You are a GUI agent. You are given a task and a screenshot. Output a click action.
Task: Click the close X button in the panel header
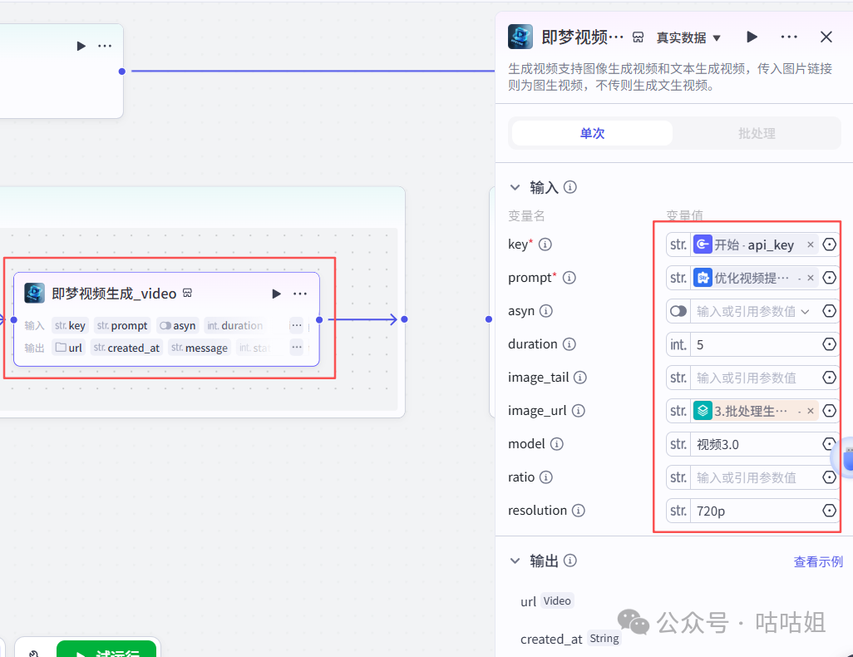coord(826,37)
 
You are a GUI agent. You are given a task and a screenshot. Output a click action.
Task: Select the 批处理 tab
coord(757,133)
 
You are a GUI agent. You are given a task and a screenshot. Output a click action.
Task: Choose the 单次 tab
coord(592,133)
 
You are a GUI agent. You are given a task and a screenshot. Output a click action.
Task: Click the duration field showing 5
coord(752,344)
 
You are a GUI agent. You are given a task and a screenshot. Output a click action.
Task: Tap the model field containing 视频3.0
coord(752,444)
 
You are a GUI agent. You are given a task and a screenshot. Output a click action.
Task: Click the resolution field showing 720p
coord(752,511)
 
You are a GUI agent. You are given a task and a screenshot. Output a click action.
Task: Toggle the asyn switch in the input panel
coord(678,311)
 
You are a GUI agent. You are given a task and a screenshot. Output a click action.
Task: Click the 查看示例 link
coord(818,562)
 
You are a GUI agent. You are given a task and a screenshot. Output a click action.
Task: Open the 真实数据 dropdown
coord(688,37)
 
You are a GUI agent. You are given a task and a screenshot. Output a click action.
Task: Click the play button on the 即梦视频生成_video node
coord(276,294)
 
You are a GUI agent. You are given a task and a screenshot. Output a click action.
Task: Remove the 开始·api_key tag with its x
coord(811,245)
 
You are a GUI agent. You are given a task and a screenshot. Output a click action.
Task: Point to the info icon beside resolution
coord(578,511)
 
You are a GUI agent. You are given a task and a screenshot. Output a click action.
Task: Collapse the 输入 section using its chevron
coord(515,188)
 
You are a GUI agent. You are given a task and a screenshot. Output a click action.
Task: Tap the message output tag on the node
coord(200,348)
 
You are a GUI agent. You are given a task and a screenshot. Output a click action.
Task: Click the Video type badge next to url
coord(557,600)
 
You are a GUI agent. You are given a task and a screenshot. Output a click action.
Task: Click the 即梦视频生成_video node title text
coord(114,294)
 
